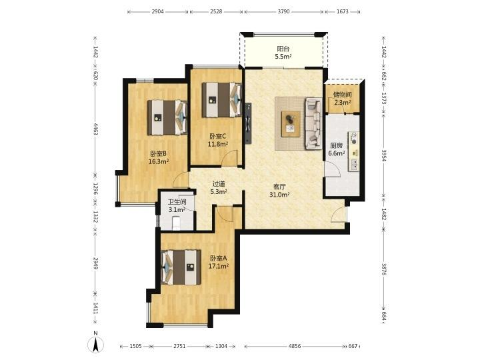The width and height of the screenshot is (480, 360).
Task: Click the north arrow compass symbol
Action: [96, 344]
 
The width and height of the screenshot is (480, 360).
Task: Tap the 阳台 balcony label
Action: [283, 49]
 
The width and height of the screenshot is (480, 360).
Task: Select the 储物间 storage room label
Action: [342, 95]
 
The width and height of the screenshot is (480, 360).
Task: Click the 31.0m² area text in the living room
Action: [279, 195]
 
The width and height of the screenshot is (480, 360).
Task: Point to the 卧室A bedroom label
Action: [218, 259]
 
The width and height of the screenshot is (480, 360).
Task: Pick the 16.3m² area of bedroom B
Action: [158, 161]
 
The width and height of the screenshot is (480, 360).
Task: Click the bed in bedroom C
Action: [221, 100]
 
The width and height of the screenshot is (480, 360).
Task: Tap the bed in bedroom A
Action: [181, 267]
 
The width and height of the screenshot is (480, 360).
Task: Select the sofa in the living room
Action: [313, 124]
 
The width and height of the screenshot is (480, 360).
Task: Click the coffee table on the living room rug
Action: [291, 124]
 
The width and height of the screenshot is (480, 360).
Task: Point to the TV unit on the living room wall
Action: [248, 123]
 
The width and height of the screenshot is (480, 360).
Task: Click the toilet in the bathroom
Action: [176, 223]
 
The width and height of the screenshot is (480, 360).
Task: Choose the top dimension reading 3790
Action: [283, 11]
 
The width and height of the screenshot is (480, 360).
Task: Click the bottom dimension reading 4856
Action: [295, 346]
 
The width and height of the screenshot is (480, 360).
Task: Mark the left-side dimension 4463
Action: [95, 129]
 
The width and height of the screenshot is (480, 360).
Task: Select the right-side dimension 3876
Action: [384, 269]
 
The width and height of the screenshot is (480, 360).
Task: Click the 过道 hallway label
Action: [219, 184]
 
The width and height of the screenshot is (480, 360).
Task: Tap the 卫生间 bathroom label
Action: [177, 202]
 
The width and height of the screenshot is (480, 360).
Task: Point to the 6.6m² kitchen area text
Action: [337, 153]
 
